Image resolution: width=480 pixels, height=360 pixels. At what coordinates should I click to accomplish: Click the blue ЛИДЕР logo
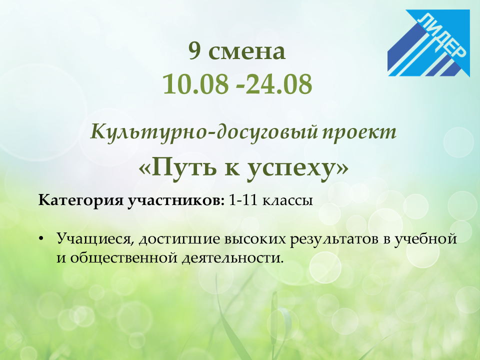(x=428, y=43)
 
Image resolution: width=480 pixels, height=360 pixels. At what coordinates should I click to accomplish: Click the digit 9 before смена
(x=194, y=51)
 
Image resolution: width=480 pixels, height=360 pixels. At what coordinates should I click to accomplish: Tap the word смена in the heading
(x=246, y=52)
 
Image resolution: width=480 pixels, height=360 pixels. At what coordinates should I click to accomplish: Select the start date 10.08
(x=195, y=84)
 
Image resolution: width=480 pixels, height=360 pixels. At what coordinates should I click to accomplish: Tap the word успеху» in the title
(x=297, y=168)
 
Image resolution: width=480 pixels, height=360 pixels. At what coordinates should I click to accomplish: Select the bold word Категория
(x=80, y=200)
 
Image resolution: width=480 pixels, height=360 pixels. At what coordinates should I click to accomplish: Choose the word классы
(x=287, y=201)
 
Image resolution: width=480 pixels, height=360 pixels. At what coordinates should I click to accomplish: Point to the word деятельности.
(x=232, y=258)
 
